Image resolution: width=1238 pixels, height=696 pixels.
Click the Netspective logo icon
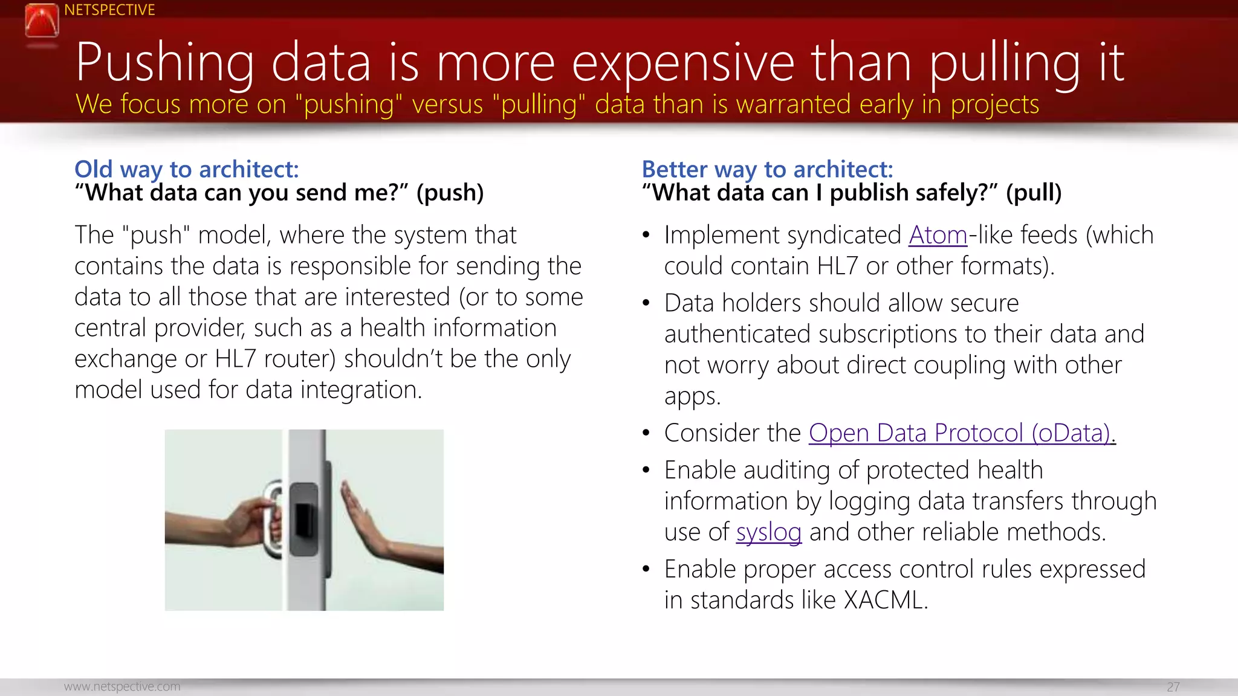click(x=42, y=22)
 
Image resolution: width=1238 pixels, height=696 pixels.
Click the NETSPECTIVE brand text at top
click(x=109, y=10)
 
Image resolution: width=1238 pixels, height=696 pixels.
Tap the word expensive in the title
click(x=682, y=63)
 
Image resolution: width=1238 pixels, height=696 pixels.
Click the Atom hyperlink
click(x=938, y=235)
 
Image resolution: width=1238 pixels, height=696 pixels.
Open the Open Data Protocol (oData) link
click(x=962, y=433)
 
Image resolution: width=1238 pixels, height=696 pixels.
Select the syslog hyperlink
click(x=768, y=532)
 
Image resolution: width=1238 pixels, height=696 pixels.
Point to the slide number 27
click(x=1173, y=687)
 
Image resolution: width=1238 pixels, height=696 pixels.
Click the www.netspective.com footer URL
click(x=122, y=686)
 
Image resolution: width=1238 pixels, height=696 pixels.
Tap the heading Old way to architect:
click(x=186, y=169)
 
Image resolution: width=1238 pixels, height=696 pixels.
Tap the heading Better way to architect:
click(x=767, y=169)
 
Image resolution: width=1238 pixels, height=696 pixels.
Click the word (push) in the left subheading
click(x=450, y=193)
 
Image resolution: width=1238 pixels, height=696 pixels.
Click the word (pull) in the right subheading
click(x=1033, y=193)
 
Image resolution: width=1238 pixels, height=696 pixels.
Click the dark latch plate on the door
click(x=304, y=518)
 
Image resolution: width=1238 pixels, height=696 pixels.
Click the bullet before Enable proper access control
click(x=646, y=569)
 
